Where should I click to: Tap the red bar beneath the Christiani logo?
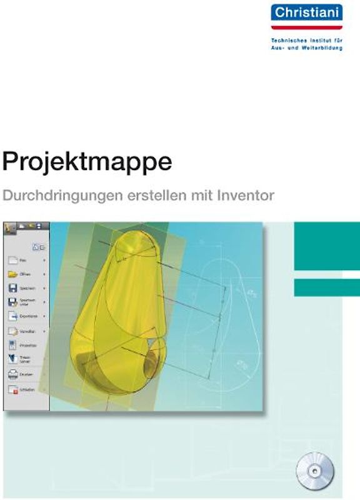click(306, 27)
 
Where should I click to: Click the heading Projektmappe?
click(87, 162)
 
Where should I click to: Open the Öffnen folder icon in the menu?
click(12, 274)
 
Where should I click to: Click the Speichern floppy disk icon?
click(12, 288)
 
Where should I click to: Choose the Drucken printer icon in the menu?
click(12, 374)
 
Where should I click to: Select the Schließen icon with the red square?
click(12, 389)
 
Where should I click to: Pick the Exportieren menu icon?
click(12, 316)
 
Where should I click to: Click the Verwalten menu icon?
click(12, 331)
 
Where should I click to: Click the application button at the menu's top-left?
click(9, 229)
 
